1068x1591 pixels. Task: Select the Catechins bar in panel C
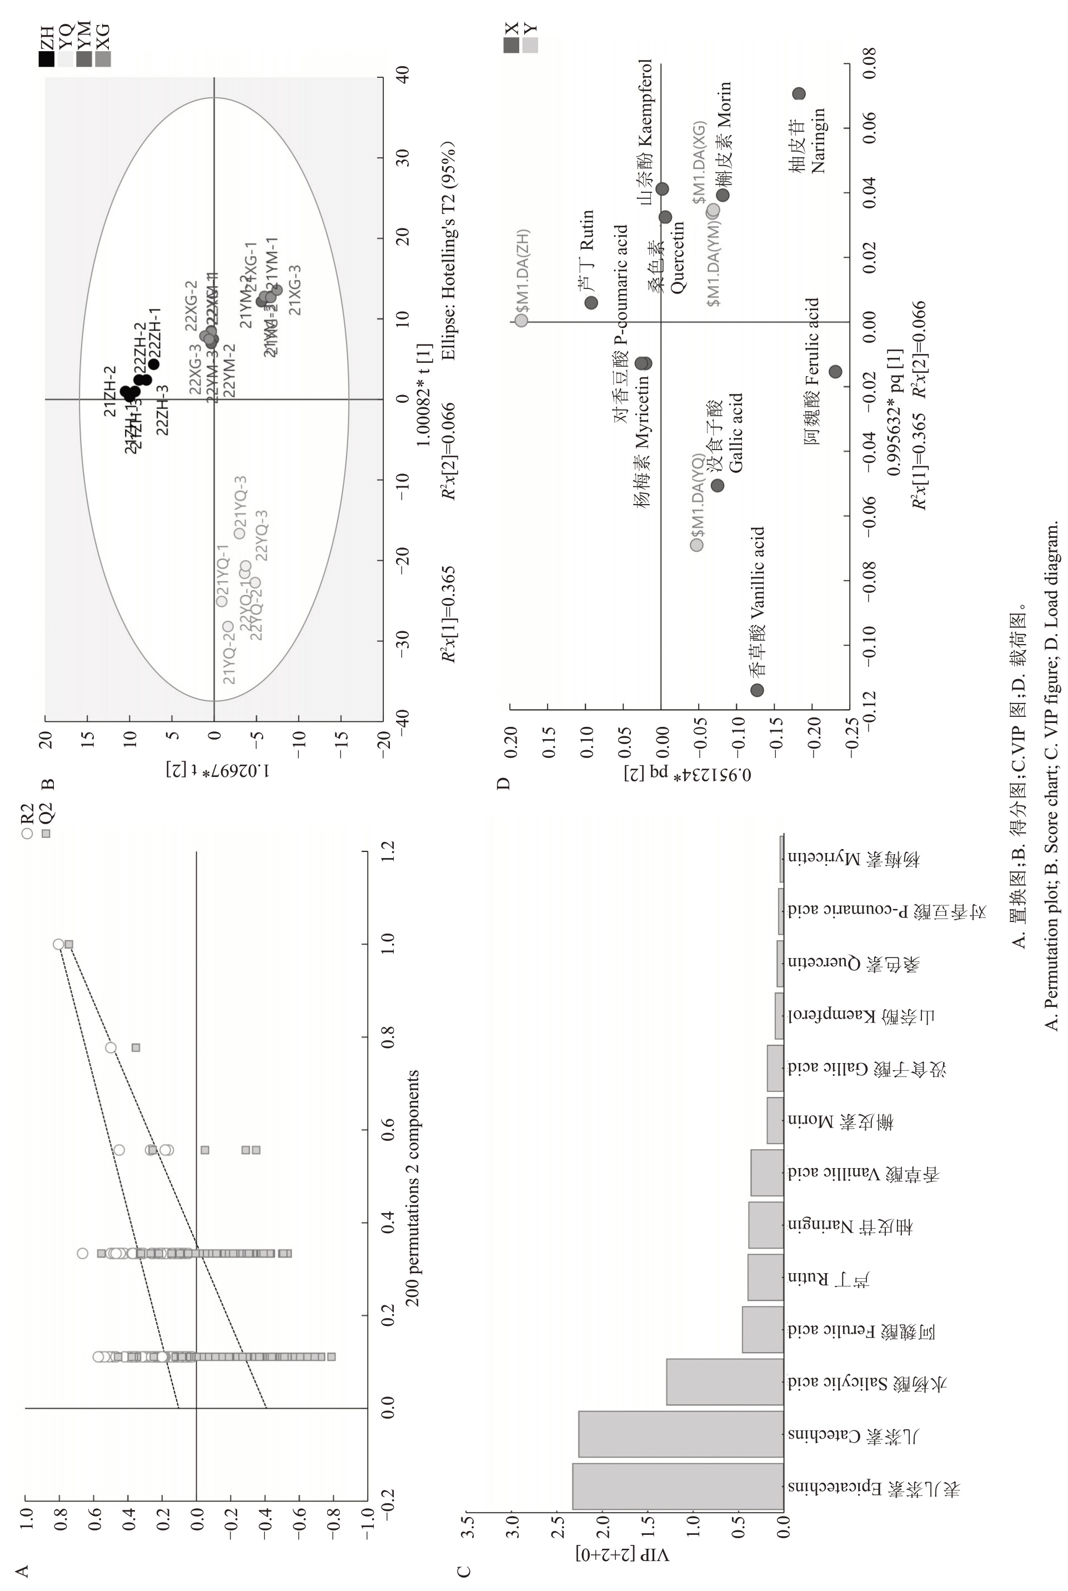point(681,1434)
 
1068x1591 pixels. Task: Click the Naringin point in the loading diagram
point(799,94)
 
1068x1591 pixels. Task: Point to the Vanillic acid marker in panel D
point(757,690)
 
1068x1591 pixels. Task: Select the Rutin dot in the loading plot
point(590,302)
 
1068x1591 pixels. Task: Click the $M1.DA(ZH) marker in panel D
point(521,320)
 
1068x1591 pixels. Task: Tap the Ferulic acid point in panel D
point(835,371)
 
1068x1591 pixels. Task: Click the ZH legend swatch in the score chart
point(46,59)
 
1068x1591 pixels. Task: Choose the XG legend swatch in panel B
point(103,59)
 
